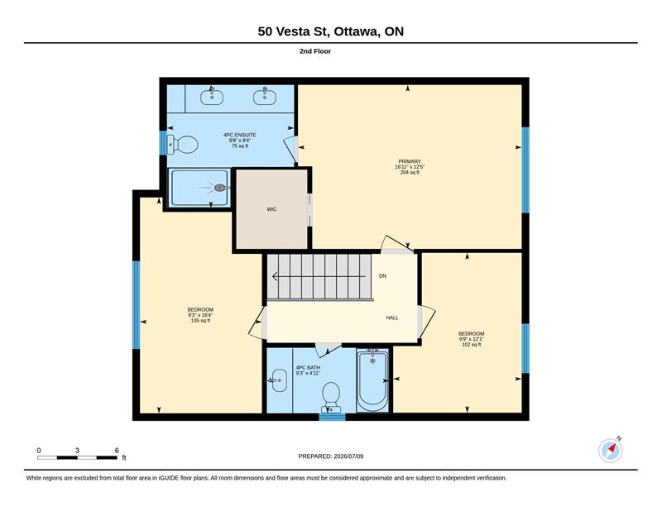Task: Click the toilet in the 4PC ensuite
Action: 183,145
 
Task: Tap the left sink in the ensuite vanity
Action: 212,97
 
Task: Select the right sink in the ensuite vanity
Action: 265,97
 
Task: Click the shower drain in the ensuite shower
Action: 220,188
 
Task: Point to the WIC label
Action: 271,209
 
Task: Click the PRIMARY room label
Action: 410,161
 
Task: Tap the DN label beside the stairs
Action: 382,276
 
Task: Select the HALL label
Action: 392,318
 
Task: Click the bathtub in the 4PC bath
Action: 372,380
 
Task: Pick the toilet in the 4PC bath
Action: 331,397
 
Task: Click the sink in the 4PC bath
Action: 279,380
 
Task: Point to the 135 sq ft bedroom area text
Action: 200,321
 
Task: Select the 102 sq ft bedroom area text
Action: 471,345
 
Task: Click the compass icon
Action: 611,450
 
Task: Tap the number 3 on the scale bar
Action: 77,451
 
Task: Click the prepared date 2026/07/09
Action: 348,456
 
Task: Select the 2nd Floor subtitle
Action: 315,51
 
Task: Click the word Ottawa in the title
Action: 357,31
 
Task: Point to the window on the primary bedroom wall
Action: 525,170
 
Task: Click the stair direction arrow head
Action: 276,277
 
